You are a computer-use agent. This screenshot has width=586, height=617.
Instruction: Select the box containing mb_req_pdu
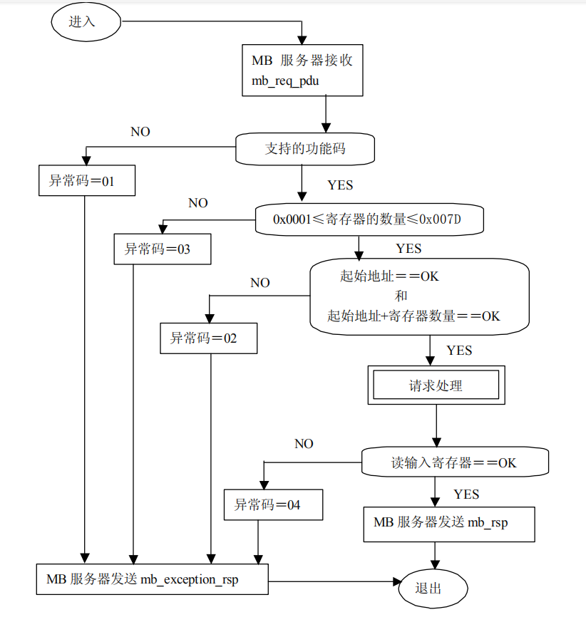pos(303,70)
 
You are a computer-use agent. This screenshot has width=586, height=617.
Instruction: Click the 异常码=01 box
pos(86,181)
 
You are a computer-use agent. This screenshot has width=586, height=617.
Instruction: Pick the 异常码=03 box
pos(163,249)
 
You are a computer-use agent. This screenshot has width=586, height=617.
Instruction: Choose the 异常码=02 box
pos(209,338)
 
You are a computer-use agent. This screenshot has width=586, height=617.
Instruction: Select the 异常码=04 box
pos(273,505)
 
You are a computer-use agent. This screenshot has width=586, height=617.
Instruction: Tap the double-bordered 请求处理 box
pos(436,386)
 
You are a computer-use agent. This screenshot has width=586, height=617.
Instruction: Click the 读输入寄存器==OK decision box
pos(454,462)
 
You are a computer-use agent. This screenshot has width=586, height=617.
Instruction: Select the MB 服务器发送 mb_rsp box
pos(448,523)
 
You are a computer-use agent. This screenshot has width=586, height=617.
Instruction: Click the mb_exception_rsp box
pos(153,579)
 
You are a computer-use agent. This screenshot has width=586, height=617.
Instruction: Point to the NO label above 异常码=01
pos(140,132)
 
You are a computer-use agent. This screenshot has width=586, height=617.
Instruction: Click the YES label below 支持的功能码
pos(340,185)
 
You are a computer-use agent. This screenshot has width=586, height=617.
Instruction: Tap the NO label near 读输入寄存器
pos(304,444)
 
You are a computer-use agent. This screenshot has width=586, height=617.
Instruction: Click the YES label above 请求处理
pos(459,351)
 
